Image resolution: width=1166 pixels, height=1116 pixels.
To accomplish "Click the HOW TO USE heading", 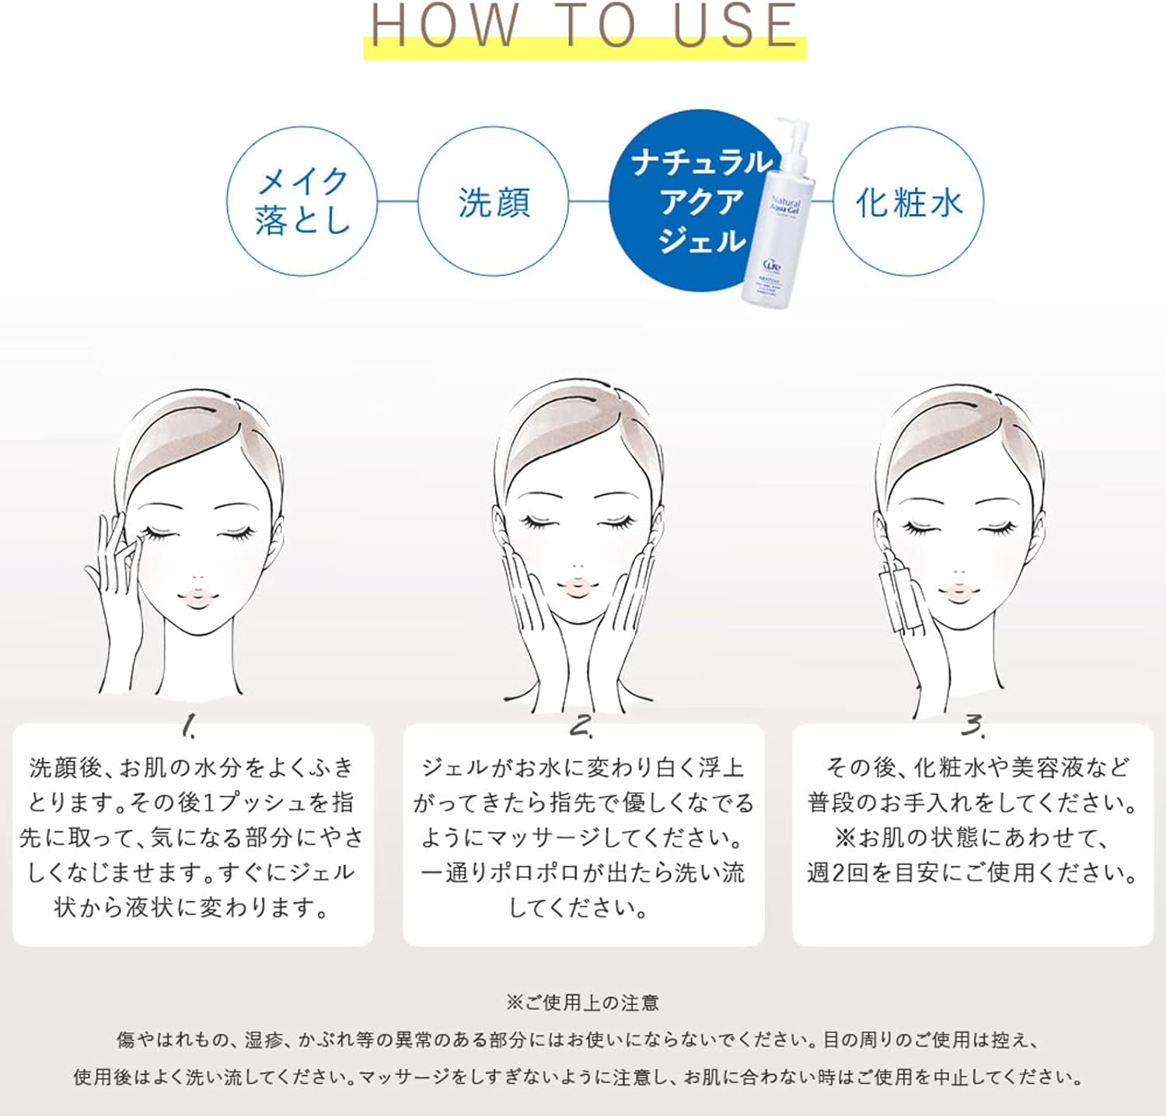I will tap(584, 25).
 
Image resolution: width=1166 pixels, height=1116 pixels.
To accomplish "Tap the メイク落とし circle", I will tap(302, 201).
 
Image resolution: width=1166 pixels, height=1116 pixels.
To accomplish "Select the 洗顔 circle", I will tap(494, 201).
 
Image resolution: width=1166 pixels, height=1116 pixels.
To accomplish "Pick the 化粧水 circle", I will tap(908, 201).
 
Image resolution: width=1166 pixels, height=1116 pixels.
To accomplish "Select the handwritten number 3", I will tap(972, 726).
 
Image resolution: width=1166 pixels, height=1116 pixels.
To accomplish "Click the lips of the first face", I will tap(197, 597).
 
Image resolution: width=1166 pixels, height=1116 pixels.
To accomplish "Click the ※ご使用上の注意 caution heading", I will tap(582, 1002).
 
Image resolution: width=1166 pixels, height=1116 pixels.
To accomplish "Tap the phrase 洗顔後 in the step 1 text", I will tap(65, 768).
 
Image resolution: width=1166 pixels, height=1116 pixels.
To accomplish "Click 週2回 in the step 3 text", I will tap(836, 873).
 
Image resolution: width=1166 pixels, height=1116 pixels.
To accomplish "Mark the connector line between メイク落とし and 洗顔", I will tap(397, 201).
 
